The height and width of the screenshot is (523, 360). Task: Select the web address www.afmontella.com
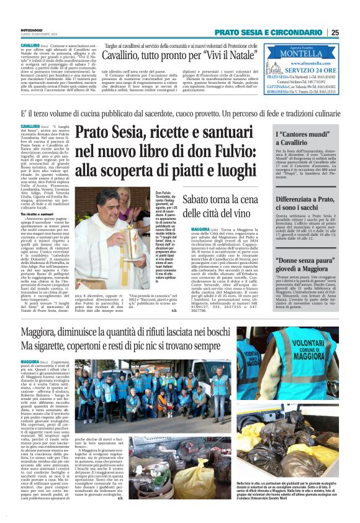click(x=309, y=63)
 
